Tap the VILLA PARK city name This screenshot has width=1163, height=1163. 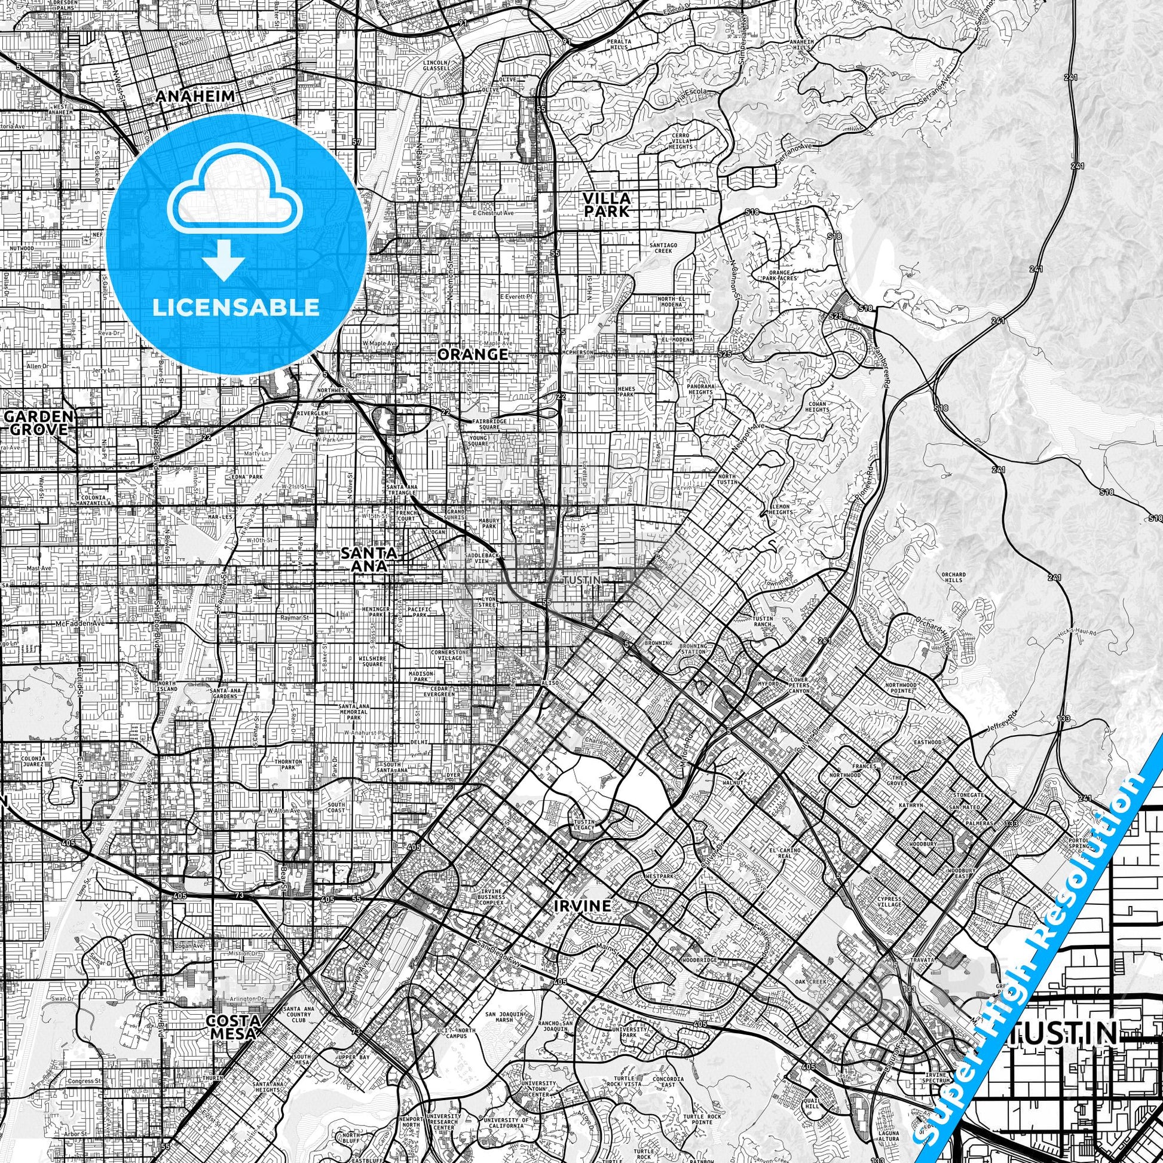pos(606,204)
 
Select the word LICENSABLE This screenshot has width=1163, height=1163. pos(236,307)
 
